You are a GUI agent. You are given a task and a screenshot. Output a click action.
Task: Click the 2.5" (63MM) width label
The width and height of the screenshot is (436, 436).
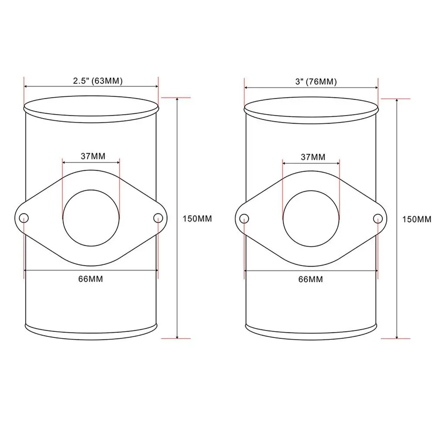[98, 81]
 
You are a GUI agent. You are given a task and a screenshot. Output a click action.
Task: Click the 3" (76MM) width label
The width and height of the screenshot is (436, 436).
[316, 82]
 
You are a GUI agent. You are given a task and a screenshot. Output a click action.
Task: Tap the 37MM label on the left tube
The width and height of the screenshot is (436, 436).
[93, 156]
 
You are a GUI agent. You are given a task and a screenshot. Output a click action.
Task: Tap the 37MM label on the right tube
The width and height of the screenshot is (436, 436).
[313, 157]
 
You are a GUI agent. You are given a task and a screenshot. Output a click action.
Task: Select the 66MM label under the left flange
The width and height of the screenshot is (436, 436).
[91, 279]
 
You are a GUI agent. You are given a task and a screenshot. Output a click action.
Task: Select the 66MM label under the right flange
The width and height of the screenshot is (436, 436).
[311, 279]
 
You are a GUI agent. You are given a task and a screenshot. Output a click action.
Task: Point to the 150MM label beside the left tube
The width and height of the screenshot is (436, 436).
[197, 219]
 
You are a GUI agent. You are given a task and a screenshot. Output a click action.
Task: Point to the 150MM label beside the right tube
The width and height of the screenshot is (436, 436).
[417, 220]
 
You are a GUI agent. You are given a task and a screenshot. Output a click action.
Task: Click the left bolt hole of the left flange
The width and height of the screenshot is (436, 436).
[24, 218]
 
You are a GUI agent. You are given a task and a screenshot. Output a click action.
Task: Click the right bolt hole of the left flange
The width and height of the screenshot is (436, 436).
[158, 218]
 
